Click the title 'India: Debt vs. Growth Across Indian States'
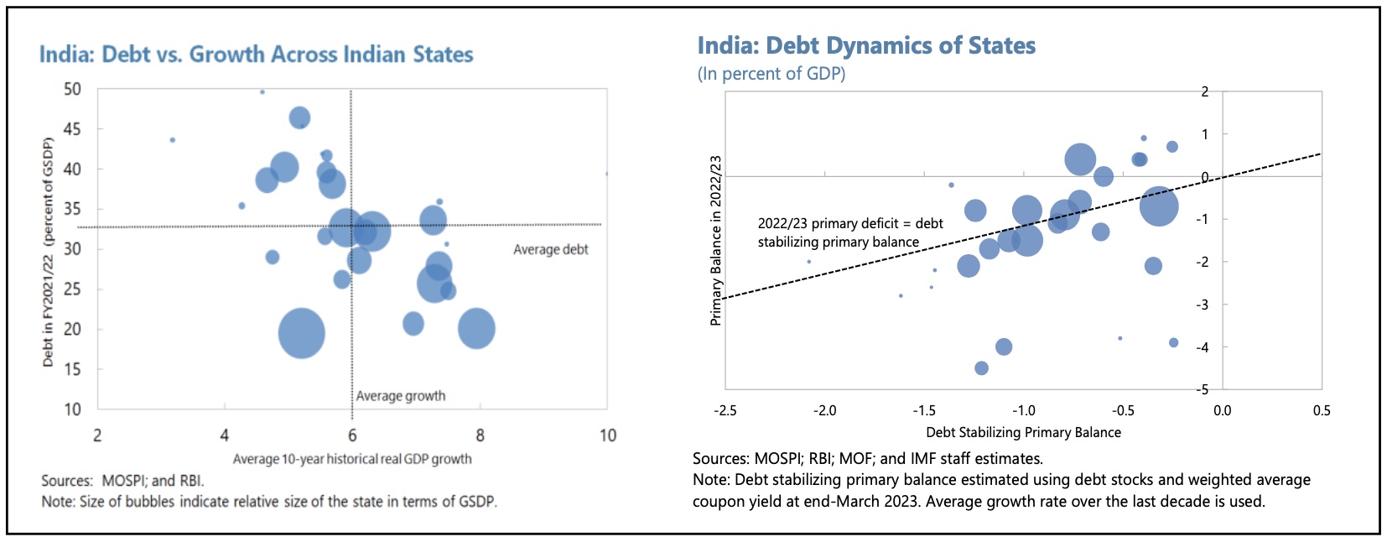click(x=256, y=55)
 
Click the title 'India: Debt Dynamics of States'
click(x=866, y=45)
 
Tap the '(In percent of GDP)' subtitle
click(x=771, y=74)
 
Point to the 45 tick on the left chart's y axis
click(x=72, y=128)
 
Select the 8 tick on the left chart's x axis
click(x=480, y=435)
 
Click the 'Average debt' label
click(x=550, y=249)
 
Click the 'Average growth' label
click(x=400, y=396)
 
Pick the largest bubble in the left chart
click(x=301, y=333)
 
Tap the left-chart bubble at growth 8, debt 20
click(x=476, y=328)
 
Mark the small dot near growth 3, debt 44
click(x=173, y=140)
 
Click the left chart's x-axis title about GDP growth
click(x=352, y=459)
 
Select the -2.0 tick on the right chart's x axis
click(x=824, y=410)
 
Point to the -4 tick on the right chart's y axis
click(x=1203, y=347)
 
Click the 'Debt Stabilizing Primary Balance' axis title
click(x=1023, y=432)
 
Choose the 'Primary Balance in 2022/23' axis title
click(x=715, y=240)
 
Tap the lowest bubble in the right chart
click(x=981, y=368)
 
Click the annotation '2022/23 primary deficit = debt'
click(x=850, y=223)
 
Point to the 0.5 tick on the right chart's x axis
click(x=1322, y=410)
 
